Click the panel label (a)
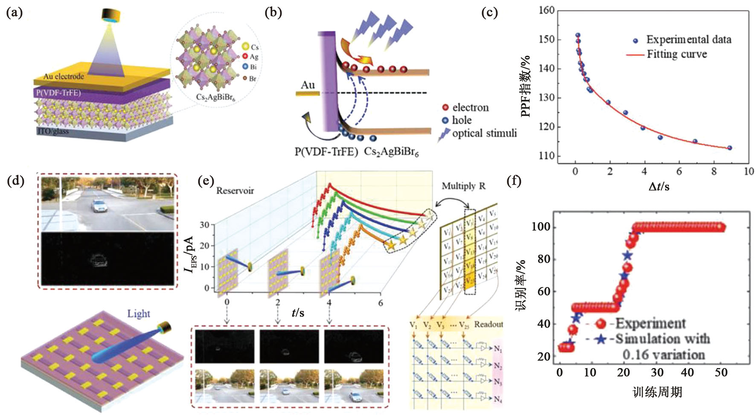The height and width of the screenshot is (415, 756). (15, 13)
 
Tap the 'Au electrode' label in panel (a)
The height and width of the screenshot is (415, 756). (64, 76)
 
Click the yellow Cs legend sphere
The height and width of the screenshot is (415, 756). (245, 46)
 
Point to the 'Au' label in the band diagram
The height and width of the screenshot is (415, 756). (308, 85)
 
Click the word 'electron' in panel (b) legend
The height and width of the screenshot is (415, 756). (470, 107)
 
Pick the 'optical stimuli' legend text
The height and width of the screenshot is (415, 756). (484, 133)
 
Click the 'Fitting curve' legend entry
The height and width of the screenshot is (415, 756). (677, 54)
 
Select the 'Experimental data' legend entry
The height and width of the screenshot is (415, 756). (689, 40)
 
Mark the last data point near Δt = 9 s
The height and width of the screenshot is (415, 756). (730, 148)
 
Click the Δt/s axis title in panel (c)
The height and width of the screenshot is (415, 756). (659, 186)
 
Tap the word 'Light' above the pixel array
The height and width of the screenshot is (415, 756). (139, 314)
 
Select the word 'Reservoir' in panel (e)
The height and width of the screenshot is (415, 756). (235, 190)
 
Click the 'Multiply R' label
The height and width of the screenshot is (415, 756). (463, 186)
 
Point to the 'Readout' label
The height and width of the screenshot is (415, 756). (488, 324)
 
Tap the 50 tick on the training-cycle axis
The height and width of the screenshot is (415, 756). (721, 372)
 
